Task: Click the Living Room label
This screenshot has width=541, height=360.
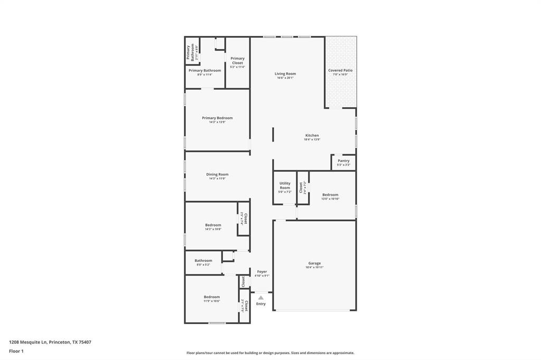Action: tap(285, 74)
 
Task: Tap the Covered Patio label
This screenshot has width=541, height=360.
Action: tap(340, 70)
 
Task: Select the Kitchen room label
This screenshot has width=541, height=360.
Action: tap(312, 136)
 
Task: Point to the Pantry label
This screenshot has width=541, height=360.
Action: tap(343, 161)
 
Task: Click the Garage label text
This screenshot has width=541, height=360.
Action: tap(314, 263)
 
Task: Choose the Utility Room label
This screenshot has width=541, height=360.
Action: tap(285, 186)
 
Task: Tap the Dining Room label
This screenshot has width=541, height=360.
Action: tap(217, 175)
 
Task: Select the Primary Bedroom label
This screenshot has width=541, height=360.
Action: tap(217, 118)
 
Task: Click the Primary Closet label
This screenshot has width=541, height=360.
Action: tap(237, 61)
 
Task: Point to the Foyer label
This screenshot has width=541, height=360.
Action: tap(262, 272)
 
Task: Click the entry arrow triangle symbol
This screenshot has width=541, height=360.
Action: tap(260, 298)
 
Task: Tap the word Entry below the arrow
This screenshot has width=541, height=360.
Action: tap(261, 304)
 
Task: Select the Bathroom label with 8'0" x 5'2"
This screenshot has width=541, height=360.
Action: tap(203, 261)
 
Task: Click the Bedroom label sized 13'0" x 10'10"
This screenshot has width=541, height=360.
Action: tap(330, 195)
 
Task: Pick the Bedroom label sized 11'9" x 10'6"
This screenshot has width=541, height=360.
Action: tap(212, 297)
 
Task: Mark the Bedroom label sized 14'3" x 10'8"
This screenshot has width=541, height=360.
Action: tap(213, 225)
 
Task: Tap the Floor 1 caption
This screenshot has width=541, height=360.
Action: tap(16, 351)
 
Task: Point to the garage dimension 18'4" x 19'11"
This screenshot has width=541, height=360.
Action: tap(314, 268)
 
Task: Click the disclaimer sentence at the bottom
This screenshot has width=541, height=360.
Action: tap(270, 353)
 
